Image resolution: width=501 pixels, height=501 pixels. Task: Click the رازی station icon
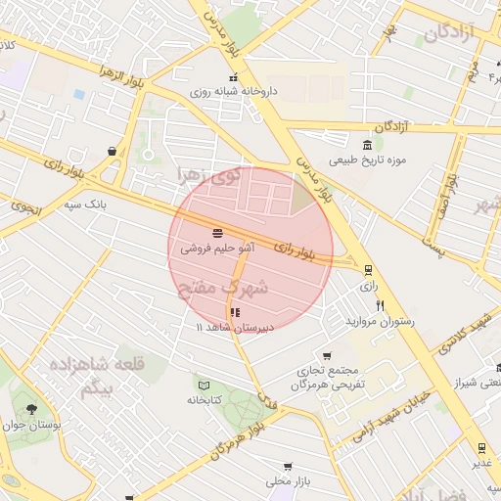368,270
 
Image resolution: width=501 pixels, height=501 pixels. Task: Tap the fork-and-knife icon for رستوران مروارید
380,304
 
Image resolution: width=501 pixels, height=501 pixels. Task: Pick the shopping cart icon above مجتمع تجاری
327,356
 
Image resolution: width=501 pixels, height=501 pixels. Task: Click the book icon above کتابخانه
204,384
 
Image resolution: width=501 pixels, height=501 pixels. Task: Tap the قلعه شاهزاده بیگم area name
87,376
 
